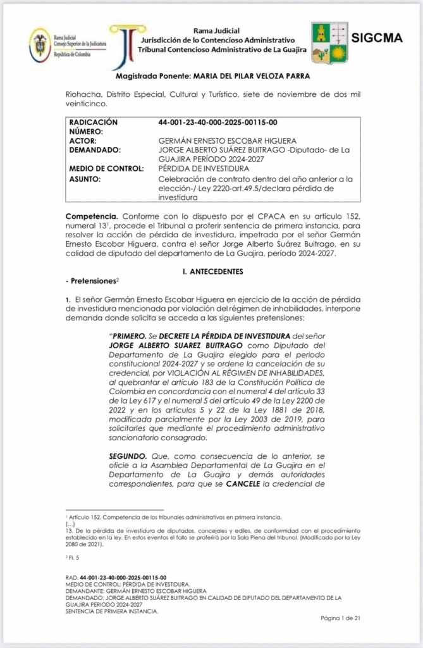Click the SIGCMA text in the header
point(376,38)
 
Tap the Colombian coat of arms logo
point(40,44)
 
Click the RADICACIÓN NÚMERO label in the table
point(93,127)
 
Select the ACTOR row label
point(84,140)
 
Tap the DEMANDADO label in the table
point(95,150)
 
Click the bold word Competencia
point(92,216)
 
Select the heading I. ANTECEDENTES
point(212,271)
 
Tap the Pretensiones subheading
point(91,280)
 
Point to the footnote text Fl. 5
point(73,558)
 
